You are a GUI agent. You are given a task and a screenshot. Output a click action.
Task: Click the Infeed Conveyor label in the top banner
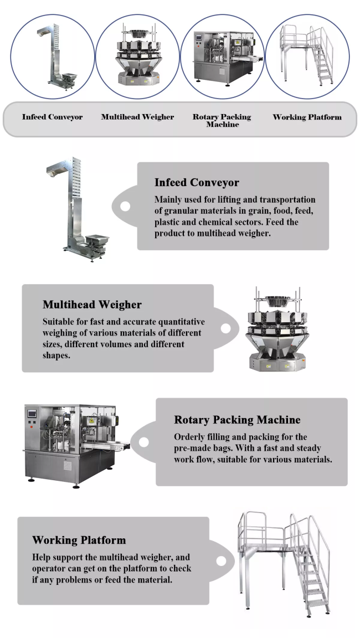click(52, 117)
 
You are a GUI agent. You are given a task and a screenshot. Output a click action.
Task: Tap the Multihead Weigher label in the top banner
click(137, 117)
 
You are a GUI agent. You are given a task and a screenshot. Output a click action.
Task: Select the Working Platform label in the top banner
click(307, 117)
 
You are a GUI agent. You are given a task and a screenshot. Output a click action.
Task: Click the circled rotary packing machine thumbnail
click(222, 56)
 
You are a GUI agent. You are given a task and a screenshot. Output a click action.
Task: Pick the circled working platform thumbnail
click(307, 56)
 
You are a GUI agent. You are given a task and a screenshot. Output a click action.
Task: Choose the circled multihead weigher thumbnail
click(137, 56)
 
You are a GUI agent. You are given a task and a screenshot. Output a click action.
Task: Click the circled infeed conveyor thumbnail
click(53, 56)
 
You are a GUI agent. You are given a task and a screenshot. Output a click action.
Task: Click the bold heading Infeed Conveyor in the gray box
click(197, 182)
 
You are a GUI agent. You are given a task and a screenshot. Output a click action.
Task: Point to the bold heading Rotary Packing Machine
click(238, 420)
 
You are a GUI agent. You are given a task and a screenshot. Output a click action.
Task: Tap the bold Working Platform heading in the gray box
click(79, 541)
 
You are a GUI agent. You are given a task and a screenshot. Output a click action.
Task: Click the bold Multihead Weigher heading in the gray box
click(92, 305)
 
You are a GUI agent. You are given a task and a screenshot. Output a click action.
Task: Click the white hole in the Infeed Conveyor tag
click(125, 206)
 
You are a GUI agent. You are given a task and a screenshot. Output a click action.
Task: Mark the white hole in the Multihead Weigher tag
click(226, 328)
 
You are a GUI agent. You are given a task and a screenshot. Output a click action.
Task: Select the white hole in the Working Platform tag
click(222, 561)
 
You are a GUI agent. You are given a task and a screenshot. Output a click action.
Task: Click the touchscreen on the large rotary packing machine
click(32, 414)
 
